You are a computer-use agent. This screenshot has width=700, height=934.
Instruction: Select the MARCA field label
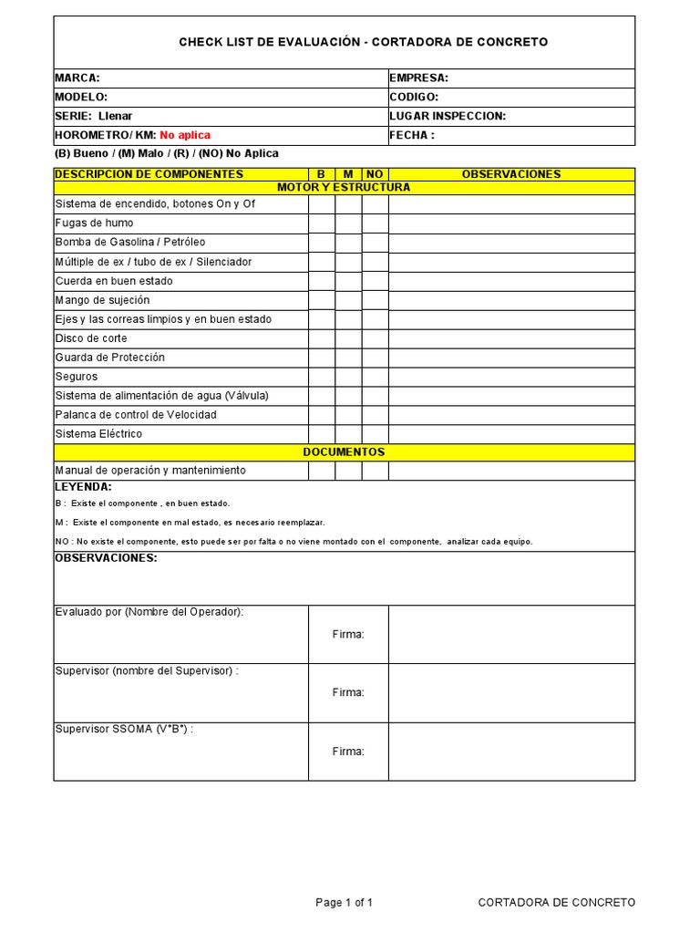tap(77, 78)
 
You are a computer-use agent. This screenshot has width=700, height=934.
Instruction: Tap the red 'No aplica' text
tap(185, 135)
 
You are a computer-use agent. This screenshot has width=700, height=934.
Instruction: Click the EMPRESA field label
tap(418, 78)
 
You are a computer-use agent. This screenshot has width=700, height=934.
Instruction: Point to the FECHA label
tap(412, 135)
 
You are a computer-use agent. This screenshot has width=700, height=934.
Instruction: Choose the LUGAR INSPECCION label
tap(447, 116)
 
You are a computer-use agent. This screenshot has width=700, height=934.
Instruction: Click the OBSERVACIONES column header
tap(511, 174)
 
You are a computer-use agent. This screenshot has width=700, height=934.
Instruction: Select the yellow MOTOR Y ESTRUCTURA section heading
tap(344, 187)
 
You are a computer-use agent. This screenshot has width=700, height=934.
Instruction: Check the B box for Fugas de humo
tap(322, 223)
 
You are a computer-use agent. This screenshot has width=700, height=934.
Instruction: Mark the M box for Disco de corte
tap(348, 338)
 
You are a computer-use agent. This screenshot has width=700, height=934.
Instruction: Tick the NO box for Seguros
tap(375, 377)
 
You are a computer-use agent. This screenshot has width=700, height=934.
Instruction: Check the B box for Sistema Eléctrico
tap(322, 434)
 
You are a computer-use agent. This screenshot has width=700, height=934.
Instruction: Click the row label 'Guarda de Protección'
tap(110, 358)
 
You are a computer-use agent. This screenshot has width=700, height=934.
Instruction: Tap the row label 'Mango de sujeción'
tap(103, 300)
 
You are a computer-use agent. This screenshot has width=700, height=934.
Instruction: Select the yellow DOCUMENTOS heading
tap(344, 451)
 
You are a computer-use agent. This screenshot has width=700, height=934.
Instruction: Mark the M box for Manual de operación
tap(348, 471)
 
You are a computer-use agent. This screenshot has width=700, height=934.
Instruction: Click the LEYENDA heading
tap(83, 487)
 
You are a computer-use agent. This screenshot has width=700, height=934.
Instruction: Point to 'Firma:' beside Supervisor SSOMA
tap(348, 752)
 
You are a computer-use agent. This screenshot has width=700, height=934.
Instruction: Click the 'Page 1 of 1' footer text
tap(345, 903)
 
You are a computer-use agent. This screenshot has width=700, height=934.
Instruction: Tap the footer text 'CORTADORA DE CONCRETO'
tap(556, 903)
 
